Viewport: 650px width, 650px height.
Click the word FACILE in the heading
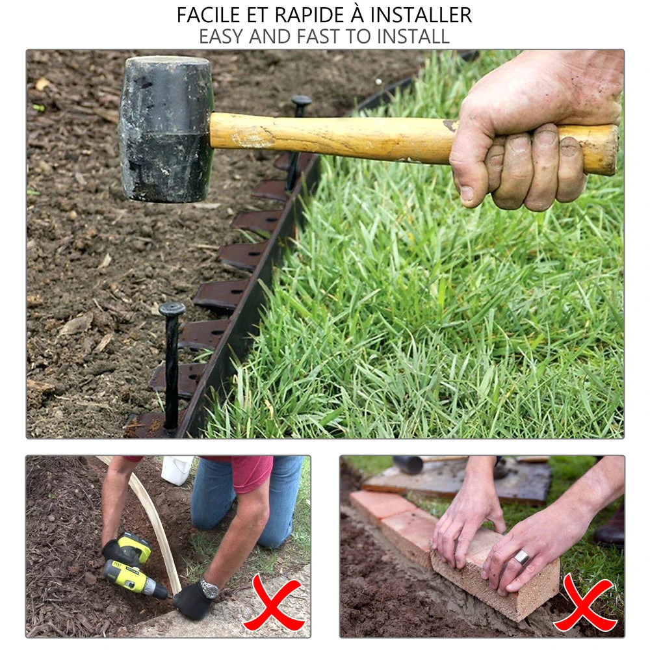(209, 15)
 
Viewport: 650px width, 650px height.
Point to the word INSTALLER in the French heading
(422, 15)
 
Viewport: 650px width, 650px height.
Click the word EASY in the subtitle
(222, 36)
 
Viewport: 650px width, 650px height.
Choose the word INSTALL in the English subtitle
(410, 36)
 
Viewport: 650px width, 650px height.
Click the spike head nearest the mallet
(301, 102)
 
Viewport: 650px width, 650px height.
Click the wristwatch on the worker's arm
(209, 589)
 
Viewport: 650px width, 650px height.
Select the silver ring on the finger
(522, 557)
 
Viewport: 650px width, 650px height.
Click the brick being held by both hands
(500, 578)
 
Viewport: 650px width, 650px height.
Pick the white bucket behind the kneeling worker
(176, 469)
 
